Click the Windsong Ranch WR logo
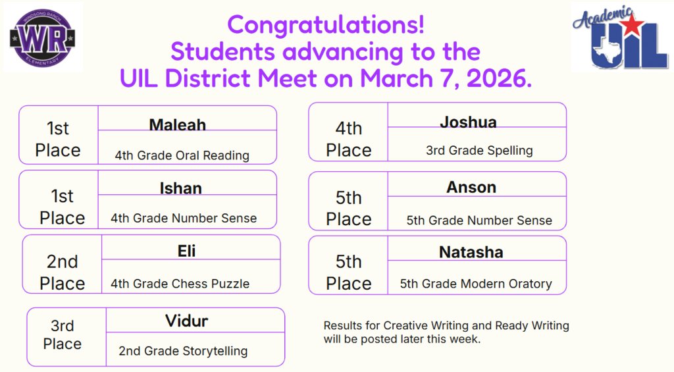point(43,36)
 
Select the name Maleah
point(177,124)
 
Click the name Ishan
point(180,188)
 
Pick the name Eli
point(186,251)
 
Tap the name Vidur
point(186,321)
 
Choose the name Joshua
point(468,122)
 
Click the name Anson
point(471,187)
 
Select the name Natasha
point(471,252)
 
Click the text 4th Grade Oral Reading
point(182,156)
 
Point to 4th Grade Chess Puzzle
point(180,284)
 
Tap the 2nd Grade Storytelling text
point(183,351)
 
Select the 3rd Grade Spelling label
point(479,151)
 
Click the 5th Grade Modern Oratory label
point(476,284)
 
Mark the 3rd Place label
point(63,335)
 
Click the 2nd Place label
point(63,273)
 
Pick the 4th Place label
point(349,140)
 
